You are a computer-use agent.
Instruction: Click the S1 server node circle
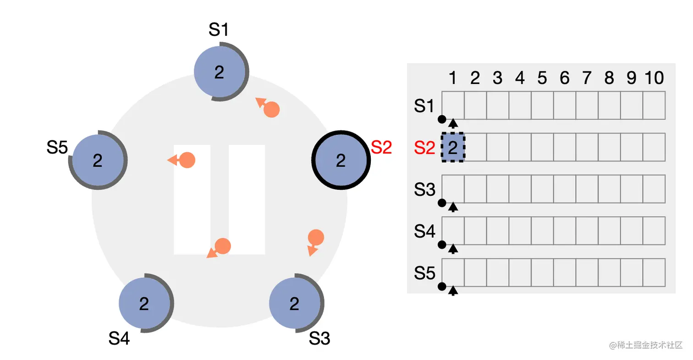click(x=220, y=72)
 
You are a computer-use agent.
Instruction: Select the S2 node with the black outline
click(x=341, y=160)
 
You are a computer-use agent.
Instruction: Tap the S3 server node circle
click(x=295, y=303)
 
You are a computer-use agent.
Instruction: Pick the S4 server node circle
click(x=144, y=303)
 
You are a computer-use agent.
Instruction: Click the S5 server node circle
click(x=98, y=160)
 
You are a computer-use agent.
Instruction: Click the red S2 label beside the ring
click(x=381, y=148)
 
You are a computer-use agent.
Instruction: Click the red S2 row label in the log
click(x=424, y=148)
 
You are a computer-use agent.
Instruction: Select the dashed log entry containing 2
click(x=453, y=147)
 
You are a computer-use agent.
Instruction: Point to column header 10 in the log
click(x=654, y=78)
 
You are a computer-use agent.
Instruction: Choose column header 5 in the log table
click(x=542, y=78)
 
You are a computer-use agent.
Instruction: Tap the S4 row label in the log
click(x=424, y=231)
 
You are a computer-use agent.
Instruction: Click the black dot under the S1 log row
click(x=442, y=119)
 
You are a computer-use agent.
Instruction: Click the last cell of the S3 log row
click(x=654, y=189)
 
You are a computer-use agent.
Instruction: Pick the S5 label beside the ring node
click(x=57, y=148)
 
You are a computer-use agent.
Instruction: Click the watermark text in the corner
click(x=646, y=345)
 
